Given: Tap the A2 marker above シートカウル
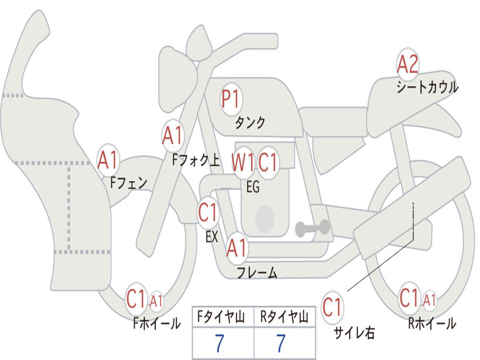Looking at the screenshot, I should pyautogui.click(x=407, y=65).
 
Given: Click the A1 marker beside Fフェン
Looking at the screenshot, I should pyautogui.click(x=108, y=160).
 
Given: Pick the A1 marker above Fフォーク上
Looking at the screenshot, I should pyautogui.click(x=172, y=136).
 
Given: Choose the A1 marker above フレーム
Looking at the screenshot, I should pyautogui.click(x=236, y=248).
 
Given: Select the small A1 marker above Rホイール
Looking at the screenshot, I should pyautogui.click(x=429, y=300).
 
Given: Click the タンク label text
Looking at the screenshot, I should pyautogui.click(x=250, y=123).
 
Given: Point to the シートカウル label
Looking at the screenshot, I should pyautogui.click(x=427, y=88).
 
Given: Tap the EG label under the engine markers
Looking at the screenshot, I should pyautogui.click(x=253, y=187).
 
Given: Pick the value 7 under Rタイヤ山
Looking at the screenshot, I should pyautogui.click(x=281, y=344).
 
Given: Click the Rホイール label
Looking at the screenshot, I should pyautogui.click(x=432, y=323).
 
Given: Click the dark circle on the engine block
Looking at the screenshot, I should pyautogui.click(x=264, y=219).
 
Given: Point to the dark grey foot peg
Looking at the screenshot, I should pyautogui.click(x=312, y=228).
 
